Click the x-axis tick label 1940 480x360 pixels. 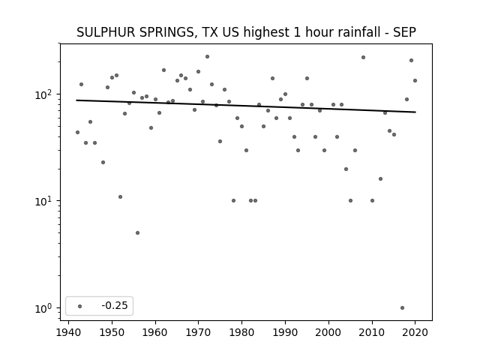pos(68,332)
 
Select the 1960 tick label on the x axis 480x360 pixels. pos(155,332)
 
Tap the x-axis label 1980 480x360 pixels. pos(241,332)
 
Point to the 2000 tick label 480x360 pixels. pos(328,332)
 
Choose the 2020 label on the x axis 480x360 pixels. pos(415,332)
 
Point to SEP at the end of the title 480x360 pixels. pos(404,32)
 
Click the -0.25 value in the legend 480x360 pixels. pos(115,305)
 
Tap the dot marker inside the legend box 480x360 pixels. pos(79,306)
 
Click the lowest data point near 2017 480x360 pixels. pos(402,308)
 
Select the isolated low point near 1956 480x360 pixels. pos(137,233)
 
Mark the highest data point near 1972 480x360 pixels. pos(207,57)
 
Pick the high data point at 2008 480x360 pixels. pos(363,57)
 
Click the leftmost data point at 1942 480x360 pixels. pos(77,132)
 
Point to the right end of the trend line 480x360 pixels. pos(415,112)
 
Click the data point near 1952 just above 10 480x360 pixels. pos(120,196)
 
